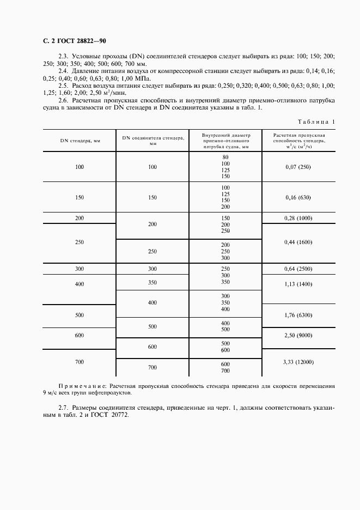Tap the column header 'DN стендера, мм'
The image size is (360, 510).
pos(80,141)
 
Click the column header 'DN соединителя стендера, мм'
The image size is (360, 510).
pos(152,141)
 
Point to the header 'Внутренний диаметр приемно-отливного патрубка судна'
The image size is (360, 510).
pos(225,141)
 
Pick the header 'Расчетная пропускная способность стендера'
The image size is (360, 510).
pos(298,141)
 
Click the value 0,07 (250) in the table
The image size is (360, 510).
pos(298,167)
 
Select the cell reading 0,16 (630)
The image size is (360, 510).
pos(298,197)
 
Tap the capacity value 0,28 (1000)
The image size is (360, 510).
pos(298,217)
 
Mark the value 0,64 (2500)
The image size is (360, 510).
pos(298,269)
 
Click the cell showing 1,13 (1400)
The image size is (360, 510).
pos(298,283)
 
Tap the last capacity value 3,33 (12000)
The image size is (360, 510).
pos(298,362)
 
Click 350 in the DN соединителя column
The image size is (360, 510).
pos(152,282)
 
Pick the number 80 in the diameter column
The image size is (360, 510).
pos(225,157)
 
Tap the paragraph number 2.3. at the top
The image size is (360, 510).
pos(64,57)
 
